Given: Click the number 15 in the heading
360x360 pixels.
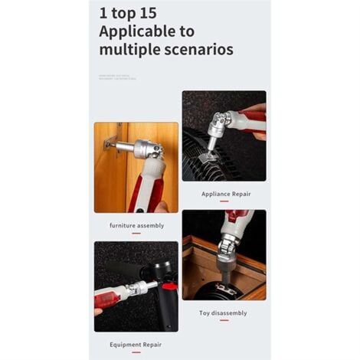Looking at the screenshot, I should coord(146,13).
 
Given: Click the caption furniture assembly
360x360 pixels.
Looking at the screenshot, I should coord(136,225).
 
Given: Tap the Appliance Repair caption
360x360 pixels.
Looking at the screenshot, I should coord(225,194).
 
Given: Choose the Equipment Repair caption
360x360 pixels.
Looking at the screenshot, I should coord(136,344).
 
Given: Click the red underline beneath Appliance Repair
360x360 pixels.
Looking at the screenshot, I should coord(224,201).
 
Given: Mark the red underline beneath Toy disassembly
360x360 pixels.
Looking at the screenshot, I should coord(224,320).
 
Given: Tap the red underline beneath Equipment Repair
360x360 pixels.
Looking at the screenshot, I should coord(136,352).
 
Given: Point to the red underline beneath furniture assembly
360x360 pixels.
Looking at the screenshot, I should coord(136,233).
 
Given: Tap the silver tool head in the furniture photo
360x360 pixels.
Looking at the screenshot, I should coord(146,149).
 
